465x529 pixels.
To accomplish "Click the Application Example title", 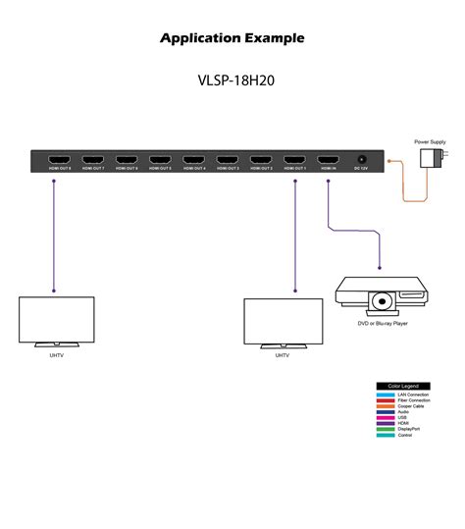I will tap(232, 38).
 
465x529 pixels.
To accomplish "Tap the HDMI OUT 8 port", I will tap(61, 159).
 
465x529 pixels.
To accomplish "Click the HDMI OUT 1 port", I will tap(294, 159).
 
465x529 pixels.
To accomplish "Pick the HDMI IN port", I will tap(328, 159).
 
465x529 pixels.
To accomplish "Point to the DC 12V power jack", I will tap(362, 159).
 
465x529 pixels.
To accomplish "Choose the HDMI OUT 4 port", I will tap(194, 159).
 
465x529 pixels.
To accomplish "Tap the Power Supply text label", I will tap(430, 142).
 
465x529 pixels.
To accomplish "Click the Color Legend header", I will tap(403, 387).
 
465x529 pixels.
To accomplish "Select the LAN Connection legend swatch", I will tap(386, 395).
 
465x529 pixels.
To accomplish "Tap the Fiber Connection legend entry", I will tap(413, 400).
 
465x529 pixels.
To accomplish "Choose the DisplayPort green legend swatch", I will tap(386, 429).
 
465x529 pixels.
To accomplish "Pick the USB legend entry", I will tap(403, 417).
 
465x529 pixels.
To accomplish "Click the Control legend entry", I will tap(405, 435).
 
